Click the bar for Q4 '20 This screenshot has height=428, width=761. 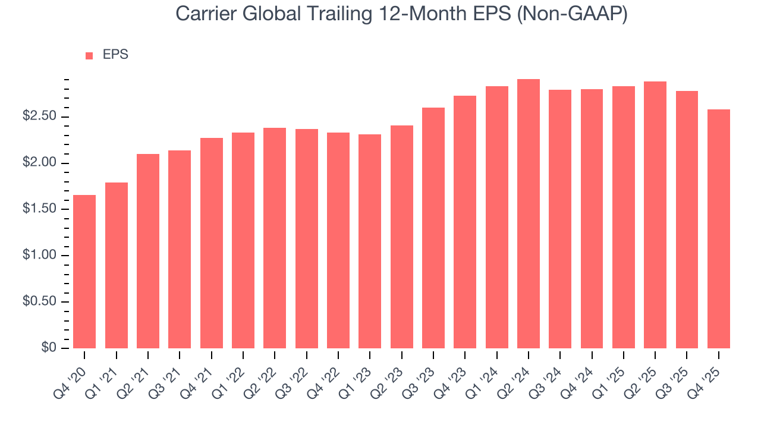click(x=84, y=272)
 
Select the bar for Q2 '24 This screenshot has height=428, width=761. click(x=529, y=214)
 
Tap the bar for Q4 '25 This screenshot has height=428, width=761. click(x=719, y=229)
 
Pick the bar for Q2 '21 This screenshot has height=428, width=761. click(x=148, y=251)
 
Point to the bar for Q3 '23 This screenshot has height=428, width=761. click(x=433, y=228)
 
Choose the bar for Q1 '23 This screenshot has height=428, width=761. click(x=370, y=241)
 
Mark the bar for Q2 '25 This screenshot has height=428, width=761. click(x=655, y=215)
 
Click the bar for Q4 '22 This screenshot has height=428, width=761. click(x=338, y=240)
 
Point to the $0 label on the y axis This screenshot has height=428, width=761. click(x=49, y=348)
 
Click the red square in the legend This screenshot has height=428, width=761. click(x=89, y=55)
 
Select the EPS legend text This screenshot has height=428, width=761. click(x=115, y=55)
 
